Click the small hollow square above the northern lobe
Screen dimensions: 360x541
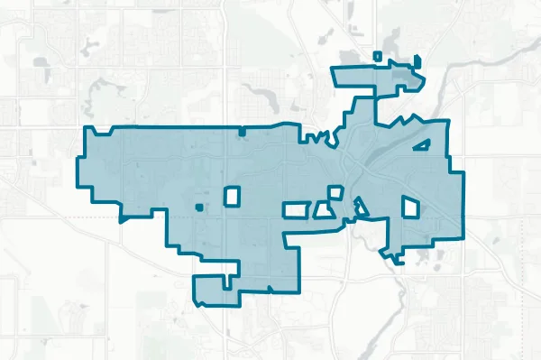pyautogui.click(x=378, y=57)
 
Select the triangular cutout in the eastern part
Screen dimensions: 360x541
pyautogui.click(x=421, y=144)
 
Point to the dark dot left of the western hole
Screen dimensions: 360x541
pyautogui.click(x=198, y=208)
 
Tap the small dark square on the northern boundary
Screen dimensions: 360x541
pyautogui.click(x=242, y=133)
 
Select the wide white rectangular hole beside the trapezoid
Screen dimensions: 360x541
pyautogui.click(x=297, y=210)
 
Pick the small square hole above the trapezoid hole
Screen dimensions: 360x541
pyautogui.click(x=335, y=192)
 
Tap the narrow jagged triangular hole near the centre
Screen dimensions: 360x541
pyautogui.click(x=360, y=207)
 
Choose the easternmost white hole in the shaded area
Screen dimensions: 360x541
pyautogui.click(x=411, y=207)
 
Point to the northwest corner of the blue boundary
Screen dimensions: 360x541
pyautogui.click(x=85, y=129)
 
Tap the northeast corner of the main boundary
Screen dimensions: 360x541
pyautogui.click(x=447, y=121)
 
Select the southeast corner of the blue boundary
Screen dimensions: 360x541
pyautogui.click(x=463, y=237)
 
